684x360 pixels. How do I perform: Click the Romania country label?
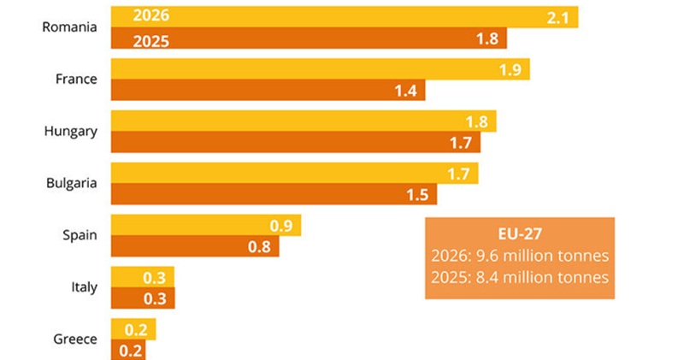tap(69, 27)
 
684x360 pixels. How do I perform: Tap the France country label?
tap(76, 79)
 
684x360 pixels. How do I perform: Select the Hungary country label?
tap(70, 131)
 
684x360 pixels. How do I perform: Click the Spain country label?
tap(80, 234)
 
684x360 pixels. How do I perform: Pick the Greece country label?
tap(76, 339)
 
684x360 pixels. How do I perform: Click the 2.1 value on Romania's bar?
tap(560, 17)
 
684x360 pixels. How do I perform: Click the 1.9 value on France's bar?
tap(511, 69)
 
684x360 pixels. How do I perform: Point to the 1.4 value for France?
tap(405, 91)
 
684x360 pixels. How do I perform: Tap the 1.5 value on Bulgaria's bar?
tap(417, 195)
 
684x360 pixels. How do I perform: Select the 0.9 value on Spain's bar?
tap(281, 226)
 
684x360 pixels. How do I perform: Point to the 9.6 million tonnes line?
tap(520, 257)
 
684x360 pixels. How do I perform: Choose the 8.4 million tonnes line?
tap(520, 277)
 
